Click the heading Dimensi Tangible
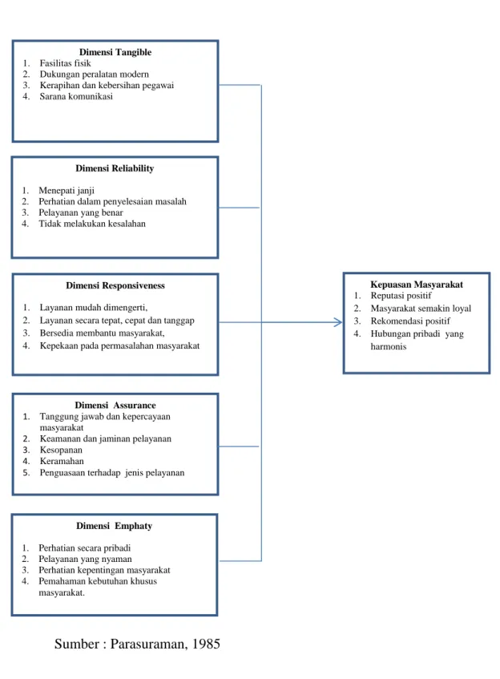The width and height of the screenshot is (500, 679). [115, 52]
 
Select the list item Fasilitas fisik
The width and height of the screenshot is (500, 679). [65, 63]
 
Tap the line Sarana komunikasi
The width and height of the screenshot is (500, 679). [76, 96]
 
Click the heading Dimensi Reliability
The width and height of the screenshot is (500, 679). [115, 168]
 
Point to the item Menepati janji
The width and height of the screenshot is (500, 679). [67, 191]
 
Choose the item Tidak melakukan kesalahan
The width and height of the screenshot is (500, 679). [92, 224]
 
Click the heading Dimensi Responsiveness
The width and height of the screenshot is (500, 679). [115, 285]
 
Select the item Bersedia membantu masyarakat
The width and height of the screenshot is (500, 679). [103, 333]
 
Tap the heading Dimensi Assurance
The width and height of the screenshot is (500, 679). [115, 406]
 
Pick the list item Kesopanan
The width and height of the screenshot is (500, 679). [61, 450]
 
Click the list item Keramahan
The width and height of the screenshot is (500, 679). [62, 461]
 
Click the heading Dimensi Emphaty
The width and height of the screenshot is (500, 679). [115, 526]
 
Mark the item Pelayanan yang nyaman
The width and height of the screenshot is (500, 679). [85, 559]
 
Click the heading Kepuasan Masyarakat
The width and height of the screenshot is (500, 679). [417, 285]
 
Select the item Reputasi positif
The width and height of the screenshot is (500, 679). [401, 296]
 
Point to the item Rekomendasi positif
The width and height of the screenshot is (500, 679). [410, 321]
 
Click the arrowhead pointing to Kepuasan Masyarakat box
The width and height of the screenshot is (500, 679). [338, 322]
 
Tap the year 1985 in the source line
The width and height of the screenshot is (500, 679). [206, 644]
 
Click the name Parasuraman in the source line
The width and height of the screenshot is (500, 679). [149, 644]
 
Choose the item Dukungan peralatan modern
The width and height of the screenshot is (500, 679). [95, 75]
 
